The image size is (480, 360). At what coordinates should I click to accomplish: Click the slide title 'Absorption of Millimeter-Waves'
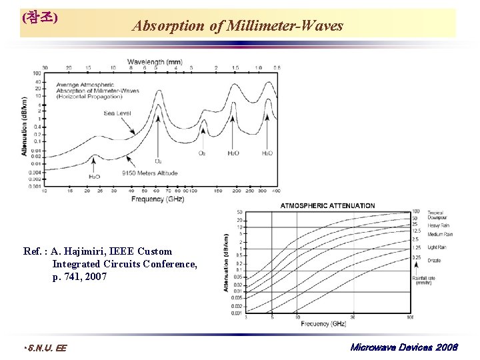(x=237, y=26)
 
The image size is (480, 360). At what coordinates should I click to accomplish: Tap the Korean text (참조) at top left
(x=39, y=18)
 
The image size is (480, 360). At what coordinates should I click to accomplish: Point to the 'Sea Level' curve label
(x=117, y=113)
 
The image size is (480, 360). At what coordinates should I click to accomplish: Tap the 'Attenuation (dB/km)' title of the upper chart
(x=25, y=127)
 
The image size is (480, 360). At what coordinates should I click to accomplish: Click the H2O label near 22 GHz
(x=95, y=177)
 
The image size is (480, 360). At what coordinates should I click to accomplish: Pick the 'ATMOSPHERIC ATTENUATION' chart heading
(x=327, y=205)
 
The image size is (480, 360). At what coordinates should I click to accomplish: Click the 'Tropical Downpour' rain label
(x=437, y=215)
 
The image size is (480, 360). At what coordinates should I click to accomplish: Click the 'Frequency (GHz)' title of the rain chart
(x=323, y=324)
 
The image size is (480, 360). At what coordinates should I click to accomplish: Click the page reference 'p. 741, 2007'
(x=79, y=276)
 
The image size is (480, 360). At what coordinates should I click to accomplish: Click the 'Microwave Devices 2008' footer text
(x=403, y=347)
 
